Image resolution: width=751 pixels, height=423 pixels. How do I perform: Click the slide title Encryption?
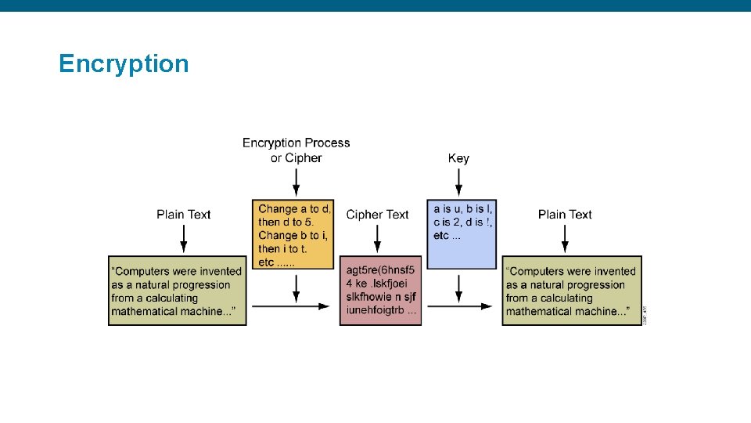124,63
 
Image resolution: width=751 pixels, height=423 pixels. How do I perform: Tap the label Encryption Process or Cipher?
296,150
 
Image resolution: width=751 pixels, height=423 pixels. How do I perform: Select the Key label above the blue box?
458,158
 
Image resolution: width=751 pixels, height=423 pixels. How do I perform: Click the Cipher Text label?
377,215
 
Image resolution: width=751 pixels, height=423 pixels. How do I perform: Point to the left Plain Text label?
183,215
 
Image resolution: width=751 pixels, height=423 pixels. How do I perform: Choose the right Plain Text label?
565,215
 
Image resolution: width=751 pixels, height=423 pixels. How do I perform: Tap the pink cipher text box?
380,291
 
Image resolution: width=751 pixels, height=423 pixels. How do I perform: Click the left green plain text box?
178,291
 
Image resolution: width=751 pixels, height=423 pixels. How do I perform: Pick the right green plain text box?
571,291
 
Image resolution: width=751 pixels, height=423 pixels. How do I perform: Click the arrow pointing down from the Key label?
458,182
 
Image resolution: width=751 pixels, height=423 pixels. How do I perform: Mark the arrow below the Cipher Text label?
377,238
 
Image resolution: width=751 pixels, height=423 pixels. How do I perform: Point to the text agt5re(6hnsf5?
380,271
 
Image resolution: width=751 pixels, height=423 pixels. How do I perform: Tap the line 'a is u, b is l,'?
463,208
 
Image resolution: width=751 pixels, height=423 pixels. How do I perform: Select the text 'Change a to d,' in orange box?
295,208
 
